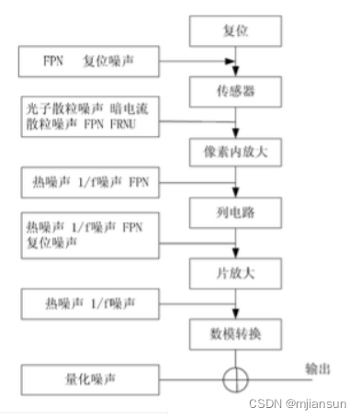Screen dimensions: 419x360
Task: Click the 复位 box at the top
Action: (237, 33)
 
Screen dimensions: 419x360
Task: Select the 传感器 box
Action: (237, 93)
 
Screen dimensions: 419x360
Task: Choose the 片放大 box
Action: (237, 273)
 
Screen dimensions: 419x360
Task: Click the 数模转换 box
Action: (237, 332)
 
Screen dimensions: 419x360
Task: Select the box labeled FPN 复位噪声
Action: (88, 64)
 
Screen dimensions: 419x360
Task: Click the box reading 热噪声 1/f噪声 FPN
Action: (88, 182)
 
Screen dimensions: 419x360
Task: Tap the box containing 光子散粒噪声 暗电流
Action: (88, 116)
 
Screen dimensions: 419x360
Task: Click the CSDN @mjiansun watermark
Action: (303, 402)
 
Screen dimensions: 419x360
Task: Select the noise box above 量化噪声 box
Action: (88, 300)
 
